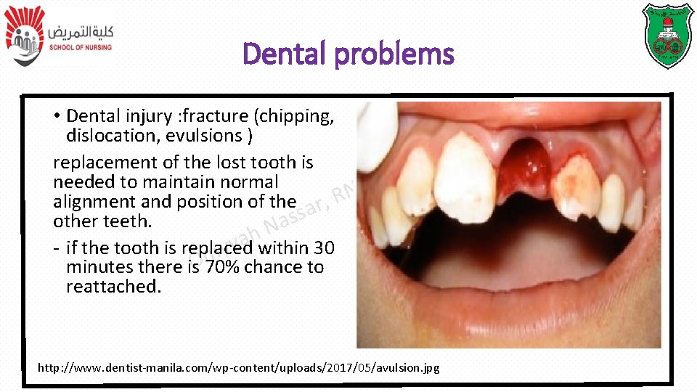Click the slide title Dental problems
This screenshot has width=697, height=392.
pos(348,54)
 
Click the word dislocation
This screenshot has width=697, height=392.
pos(113,136)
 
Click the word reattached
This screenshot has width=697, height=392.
pos(113,287)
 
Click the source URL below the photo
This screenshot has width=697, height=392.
pos(238,368)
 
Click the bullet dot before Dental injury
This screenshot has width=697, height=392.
pos(57,117)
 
